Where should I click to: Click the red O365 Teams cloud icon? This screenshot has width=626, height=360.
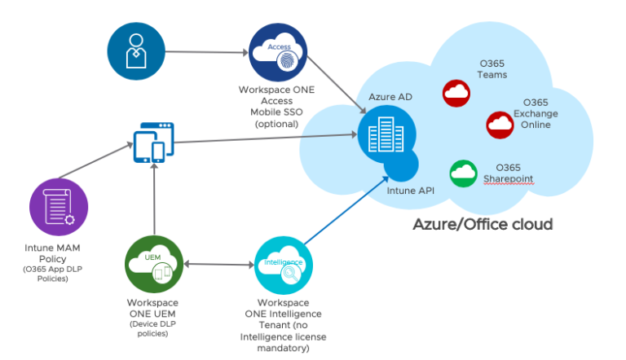pyautogui.click(x=456, y=94)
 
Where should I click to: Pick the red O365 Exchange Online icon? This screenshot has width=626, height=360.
pyautogui.click(x=500, y=125)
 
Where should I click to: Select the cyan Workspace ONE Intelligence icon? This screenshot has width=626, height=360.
pyautogui.click(x=284, y=266)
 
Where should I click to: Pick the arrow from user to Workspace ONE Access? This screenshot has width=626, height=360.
pyautogui.click(x=208, y=53)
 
